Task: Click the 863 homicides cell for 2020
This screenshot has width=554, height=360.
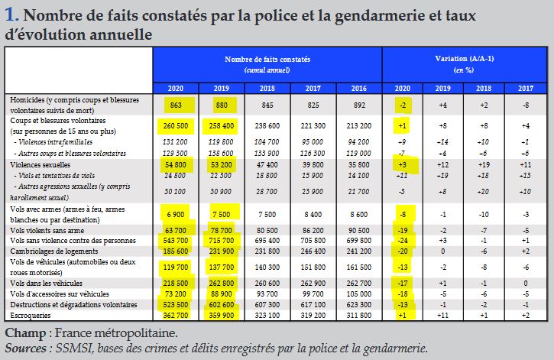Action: (176, 105)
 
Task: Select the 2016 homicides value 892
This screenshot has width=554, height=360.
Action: (359, 105)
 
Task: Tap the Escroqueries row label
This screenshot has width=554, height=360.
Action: (31, 315)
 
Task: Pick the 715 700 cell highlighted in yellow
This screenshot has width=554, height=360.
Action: (221, 241)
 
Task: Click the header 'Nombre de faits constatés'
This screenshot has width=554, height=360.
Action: (267, 59)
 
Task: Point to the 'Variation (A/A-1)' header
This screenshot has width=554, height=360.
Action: (465, 58)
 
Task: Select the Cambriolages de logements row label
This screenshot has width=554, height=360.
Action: (54, 251)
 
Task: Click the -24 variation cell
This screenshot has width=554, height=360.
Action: (403, 241)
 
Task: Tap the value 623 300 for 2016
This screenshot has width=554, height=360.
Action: (359, 304)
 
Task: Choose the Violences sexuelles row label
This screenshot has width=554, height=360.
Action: (40, 164)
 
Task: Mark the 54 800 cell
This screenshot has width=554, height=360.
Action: (176, 164)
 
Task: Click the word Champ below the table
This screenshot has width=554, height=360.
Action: (25, 333)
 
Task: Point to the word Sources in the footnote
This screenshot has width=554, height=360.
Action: (25, 349)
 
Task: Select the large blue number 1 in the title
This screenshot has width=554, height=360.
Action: (11, 15)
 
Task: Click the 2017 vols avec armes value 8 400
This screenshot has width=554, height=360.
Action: (313, 215)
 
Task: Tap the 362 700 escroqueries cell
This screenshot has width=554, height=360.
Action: (176, 315)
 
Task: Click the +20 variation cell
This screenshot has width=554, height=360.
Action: (484, 192)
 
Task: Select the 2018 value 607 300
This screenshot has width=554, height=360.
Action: (267, 304)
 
